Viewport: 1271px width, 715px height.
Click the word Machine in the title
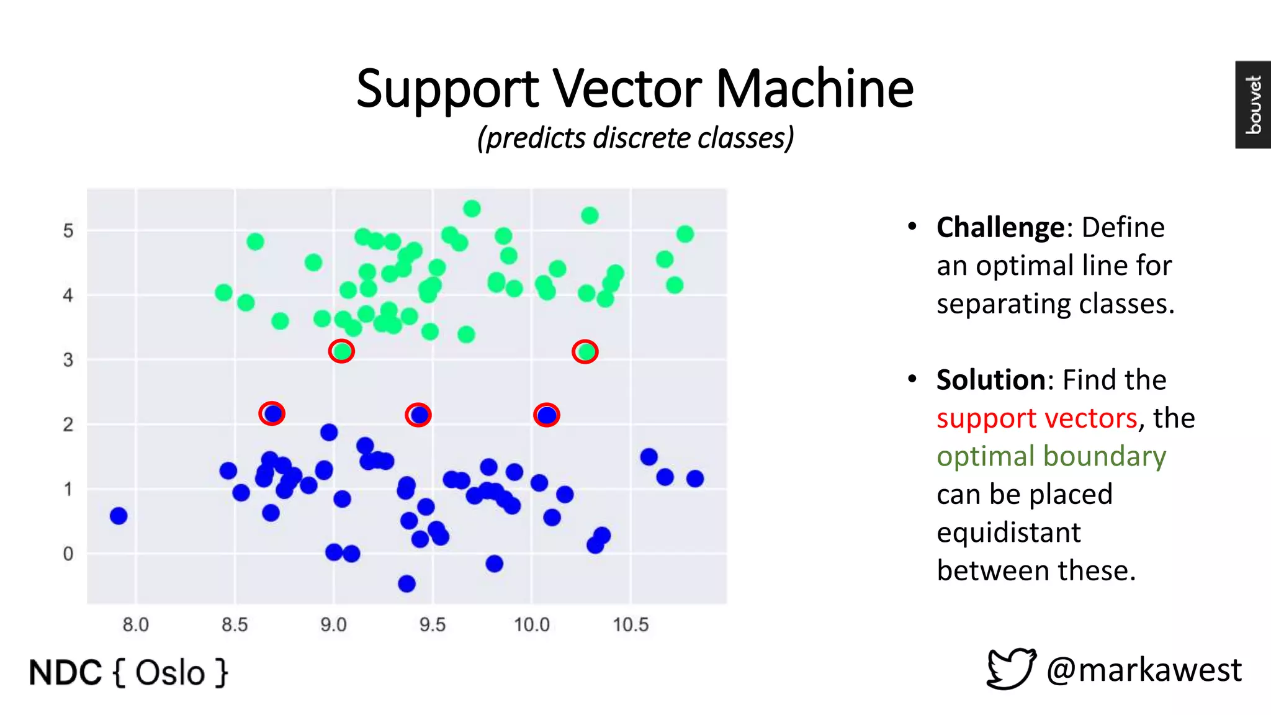tap(814, 88)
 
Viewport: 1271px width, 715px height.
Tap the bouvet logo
tap(1252, 104)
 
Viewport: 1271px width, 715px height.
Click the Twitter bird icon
tap(1011, 668)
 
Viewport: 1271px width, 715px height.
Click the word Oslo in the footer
tap(170, 673)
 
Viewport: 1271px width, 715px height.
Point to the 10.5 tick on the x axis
tap(631, 624)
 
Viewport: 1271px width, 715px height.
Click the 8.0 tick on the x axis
tap(135, 624)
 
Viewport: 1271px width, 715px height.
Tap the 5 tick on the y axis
tap(68, 231)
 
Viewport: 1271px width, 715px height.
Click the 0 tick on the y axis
tap(68, 554)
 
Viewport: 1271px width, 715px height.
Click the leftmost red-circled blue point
tap(272, 413)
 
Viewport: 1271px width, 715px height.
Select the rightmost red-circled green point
tap(585, 352)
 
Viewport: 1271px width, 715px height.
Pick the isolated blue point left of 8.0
tap(119, 516)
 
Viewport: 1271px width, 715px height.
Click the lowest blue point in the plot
tap(406, 583)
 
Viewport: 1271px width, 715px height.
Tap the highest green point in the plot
tap(472, 209)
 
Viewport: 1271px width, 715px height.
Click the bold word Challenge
tap(1000, 227)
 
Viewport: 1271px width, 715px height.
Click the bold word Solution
tap(991, 380)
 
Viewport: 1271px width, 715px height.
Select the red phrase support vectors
tap(1036, 418)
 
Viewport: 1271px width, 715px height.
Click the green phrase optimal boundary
tap(1051, 456)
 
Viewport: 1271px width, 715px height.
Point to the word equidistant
tap(1008, 533)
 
